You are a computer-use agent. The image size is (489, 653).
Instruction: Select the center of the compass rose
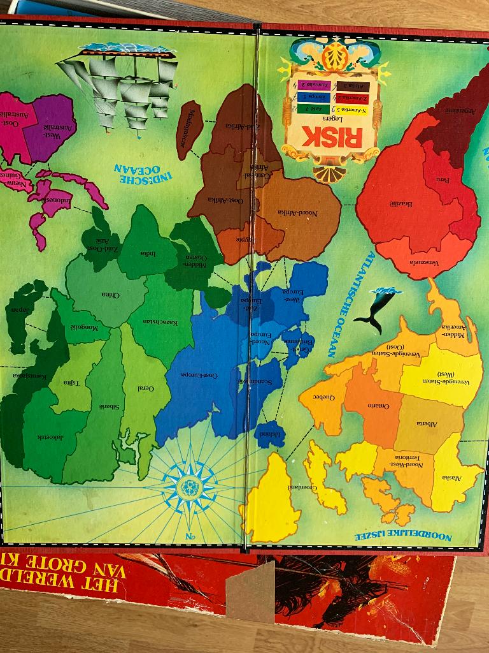190,488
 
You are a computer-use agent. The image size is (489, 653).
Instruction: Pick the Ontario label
378,406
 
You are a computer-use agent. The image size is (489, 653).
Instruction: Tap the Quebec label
324,396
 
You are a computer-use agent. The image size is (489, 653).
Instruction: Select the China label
110,295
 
